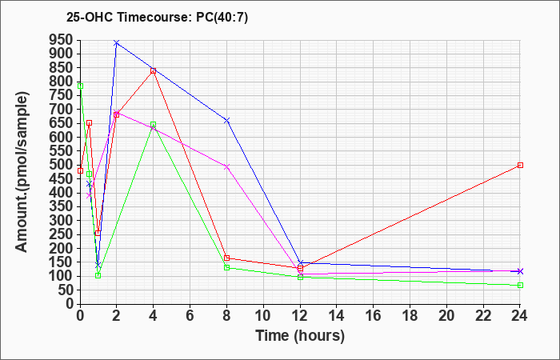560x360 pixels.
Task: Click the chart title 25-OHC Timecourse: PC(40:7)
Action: pyautogui.click(x=157, y=18)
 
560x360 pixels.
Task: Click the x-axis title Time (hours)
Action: pyautogui.click(x=300, y=336)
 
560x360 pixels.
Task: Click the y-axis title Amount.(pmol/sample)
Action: pyautogui.click(x=22, y=172)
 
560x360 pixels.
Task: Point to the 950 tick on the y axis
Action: pyautogui.click(x=63, y=40)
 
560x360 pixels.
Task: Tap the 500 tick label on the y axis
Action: pyautogui.click(x=63, y=165)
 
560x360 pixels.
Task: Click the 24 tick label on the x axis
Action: pyautogui.click(x=520, y=315)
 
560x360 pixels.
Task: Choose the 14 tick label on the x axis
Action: pyautogui.click(x=337, y=315)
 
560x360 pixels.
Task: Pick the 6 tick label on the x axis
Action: pyautogui.click(x=190, y=315)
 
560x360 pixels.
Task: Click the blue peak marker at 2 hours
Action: pyautogui.click(x=117, y=43)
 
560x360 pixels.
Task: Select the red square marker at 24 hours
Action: pyautogui.click(x=520, y=166)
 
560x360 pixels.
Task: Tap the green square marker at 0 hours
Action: pyautogui.click(x=80, y=86)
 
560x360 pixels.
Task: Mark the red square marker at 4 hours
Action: pyautogui.click(x=154, y=71)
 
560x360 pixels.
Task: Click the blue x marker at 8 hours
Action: pyautogui.click(x=226, y=121)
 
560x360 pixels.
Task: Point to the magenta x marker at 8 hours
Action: pyautogui.click(x=226, y=166)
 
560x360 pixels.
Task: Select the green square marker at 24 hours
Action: pyautogui.click(x=520, y=286)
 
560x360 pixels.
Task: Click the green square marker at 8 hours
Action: pyautogui.click(x=226, y=268)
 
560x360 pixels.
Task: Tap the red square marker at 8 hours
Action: pyautogui.click(x=226, y=258)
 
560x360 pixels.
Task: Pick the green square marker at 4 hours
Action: pyautogui.click(x=154, y=125)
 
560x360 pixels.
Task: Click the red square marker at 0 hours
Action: pyautogui.click(x=80, y=170)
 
